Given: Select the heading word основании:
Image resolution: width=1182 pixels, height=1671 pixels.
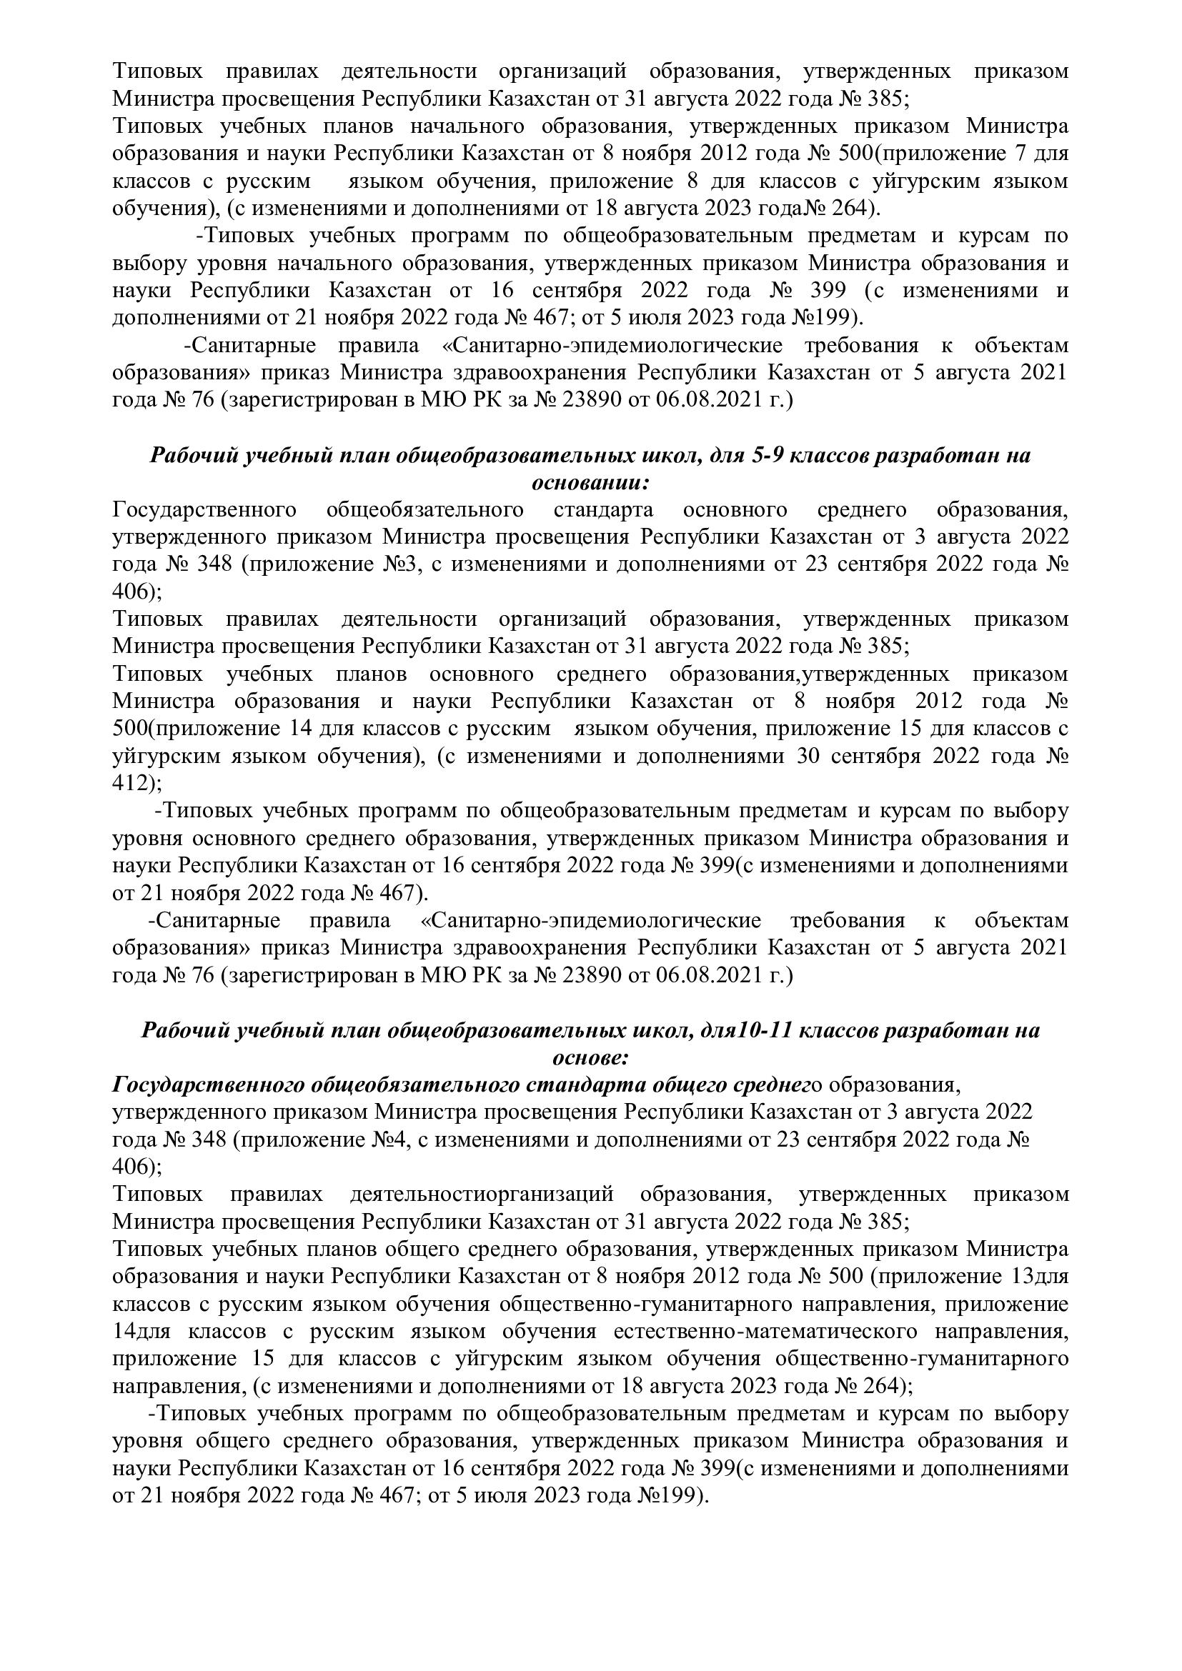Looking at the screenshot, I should [590, 483].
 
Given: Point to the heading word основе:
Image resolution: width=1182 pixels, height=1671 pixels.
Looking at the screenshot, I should [590, 1057].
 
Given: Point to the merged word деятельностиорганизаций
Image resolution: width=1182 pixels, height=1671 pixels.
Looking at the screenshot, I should [482, 1194].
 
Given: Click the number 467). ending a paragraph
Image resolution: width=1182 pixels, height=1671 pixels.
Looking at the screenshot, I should [399, 892].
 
